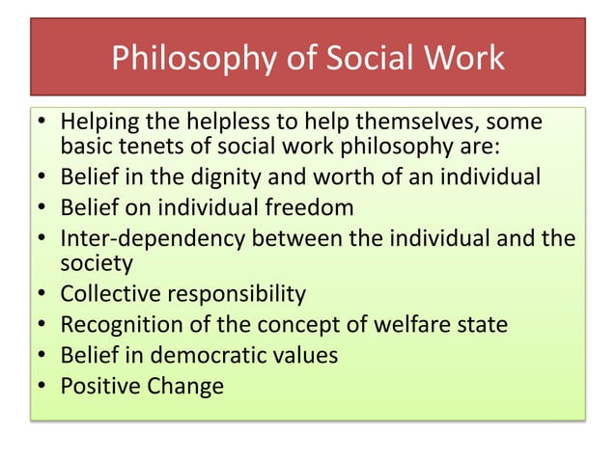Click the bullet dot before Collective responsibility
(x=43, y=294)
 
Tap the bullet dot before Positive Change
(x=43, y=386)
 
